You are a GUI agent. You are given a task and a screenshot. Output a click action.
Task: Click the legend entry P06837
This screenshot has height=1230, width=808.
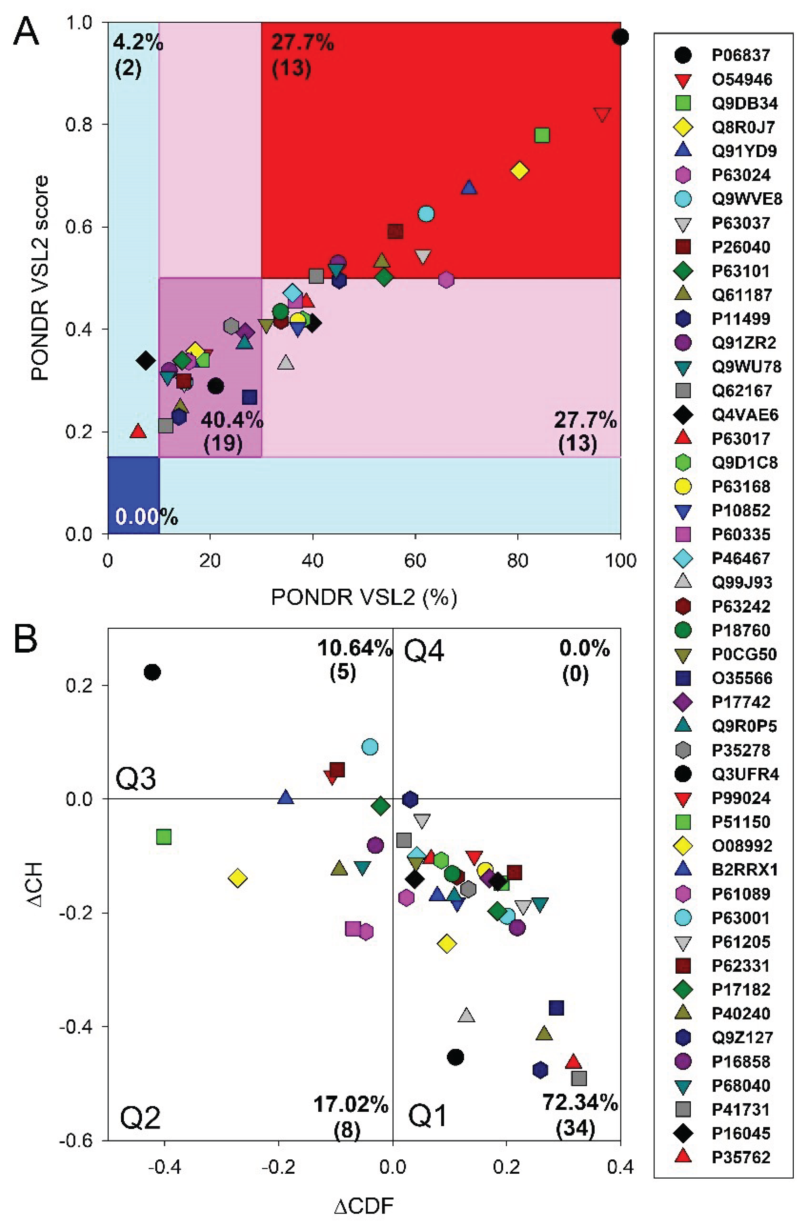pyautogui.click(x=740, y=55)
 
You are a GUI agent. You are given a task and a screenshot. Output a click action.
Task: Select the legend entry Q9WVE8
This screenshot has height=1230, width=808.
pyautogui.click(x=746, y=199)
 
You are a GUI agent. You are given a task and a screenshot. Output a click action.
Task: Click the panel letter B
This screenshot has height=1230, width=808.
pyautogui.click(x=26, y=639)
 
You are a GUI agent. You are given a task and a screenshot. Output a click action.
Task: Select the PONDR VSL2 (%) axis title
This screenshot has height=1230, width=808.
pyautogui.click(x=364, y=597)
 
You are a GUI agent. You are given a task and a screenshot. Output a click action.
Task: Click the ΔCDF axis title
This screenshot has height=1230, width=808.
pyautogui.click(x=364, y=1207)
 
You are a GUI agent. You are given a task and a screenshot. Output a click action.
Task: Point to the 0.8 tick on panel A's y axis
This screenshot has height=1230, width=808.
pyautogui.click(x=83, y=125)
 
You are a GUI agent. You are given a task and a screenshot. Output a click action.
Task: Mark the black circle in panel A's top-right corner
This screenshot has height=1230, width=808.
pyautogui.click(x=621, y=37)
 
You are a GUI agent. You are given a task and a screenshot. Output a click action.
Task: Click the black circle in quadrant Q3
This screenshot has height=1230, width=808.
pyautogui.click(x=152, y=672)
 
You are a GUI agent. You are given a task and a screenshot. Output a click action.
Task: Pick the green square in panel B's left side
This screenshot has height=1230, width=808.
pyautogui.click(x=164, y=837)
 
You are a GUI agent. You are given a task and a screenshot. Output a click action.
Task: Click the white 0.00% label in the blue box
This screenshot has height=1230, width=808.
pyautogui.click(x=146, y=517)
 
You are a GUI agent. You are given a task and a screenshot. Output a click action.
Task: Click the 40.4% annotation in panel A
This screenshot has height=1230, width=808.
pyautogui.click(x=232, y=421)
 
